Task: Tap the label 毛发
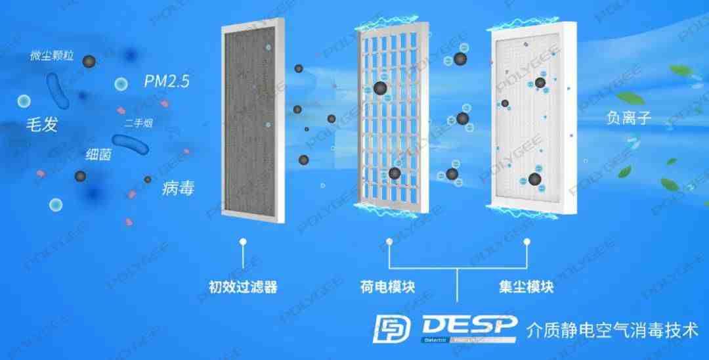coord(41,124)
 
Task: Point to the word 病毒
coord(177,189)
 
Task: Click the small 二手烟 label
coord(138,123)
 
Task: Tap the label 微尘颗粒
coord(52,56)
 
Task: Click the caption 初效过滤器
coord(243,287)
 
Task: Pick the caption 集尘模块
coord(526,287)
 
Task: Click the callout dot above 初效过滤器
coord(243,242)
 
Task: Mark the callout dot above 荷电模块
coord(389,242)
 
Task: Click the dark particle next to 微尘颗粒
coord(89,61)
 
